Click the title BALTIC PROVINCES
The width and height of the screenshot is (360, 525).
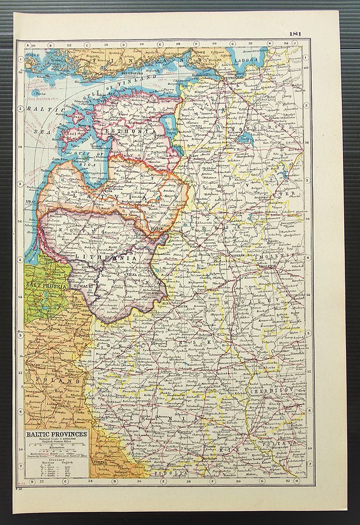[56, 435]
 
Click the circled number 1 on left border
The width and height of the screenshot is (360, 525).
[21, 58]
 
